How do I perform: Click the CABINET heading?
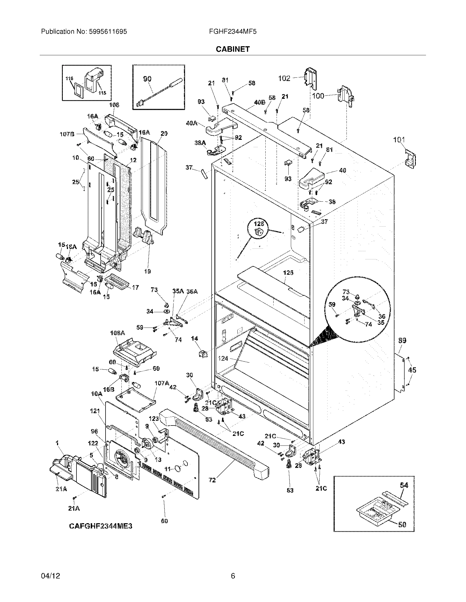tap(232, 49)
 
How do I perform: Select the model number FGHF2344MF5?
tap(233, 32)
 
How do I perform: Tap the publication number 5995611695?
tap(108, 32)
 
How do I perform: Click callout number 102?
tap(284, 79)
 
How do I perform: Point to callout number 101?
tap(399, 140)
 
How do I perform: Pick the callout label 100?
tap(318, 96)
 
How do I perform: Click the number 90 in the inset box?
tap(147, 79)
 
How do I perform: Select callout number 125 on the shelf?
tap(288, 273)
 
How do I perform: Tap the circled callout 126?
tap(259, 224)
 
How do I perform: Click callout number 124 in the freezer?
tap(223, 358)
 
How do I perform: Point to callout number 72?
tap(212, 480)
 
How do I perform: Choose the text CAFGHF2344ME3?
tap(101, 526)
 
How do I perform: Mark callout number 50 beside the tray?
tap(402, 525)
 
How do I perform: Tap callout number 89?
tap(402, 341)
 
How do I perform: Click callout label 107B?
tap(67, 134)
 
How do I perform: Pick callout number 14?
tap(195, 339)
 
